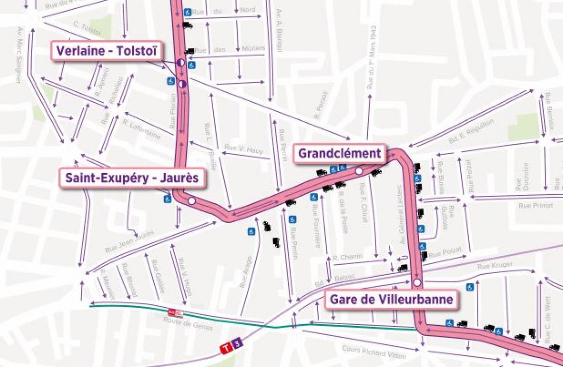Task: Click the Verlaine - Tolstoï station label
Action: [106, 51]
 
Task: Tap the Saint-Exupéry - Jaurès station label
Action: [132, 178]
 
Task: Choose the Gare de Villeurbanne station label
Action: [391, 300]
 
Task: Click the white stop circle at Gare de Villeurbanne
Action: [417, 282]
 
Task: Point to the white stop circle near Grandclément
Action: [358, 171]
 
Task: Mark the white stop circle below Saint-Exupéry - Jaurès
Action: [192, 201]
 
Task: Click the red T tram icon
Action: [225, 347]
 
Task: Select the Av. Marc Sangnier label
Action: [18, 54]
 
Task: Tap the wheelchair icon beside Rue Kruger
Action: [470, 287]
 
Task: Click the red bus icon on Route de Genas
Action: [175, 313]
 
